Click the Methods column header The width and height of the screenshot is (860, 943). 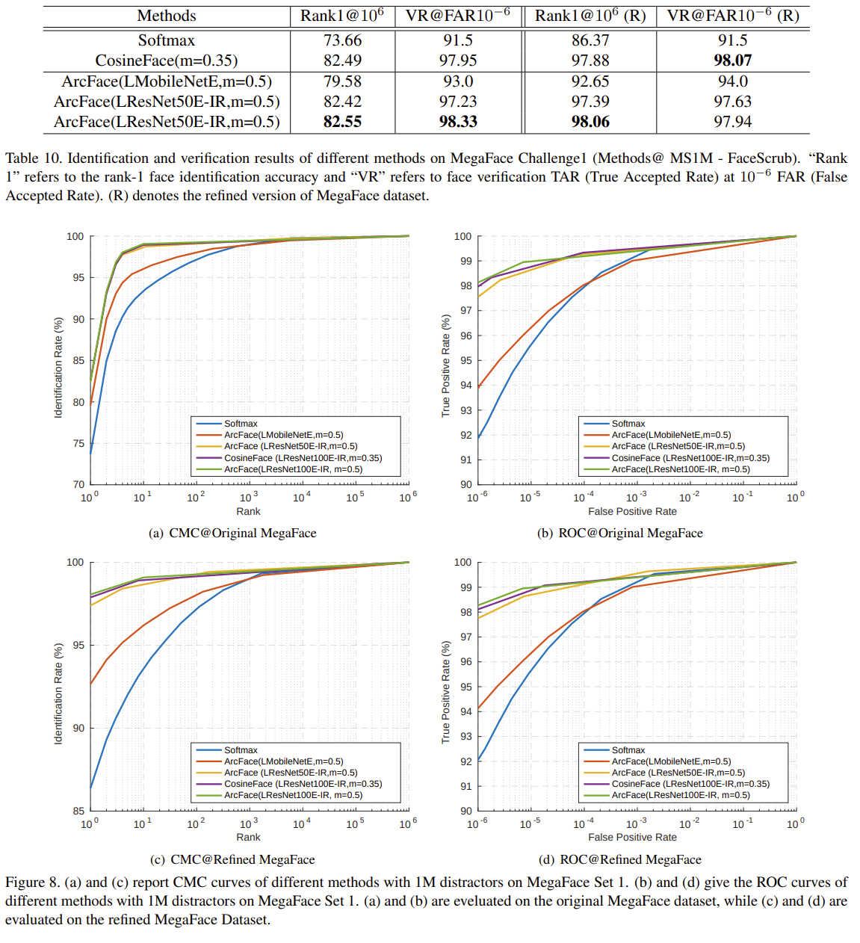[166, 16]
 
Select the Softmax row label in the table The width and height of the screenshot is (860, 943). [166, 40]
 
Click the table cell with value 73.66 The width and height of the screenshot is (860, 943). [342, 40]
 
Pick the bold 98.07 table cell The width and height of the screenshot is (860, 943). [732, 61]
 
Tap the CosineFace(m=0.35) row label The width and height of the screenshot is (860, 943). [166, 61]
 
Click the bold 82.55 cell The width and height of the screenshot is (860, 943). [342, 122]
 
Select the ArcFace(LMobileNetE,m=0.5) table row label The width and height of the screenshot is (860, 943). [166, 81]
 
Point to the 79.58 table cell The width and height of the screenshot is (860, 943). [342, 81]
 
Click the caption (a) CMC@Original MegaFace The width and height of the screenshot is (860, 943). [232, 533]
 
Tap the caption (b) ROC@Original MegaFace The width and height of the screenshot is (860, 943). [619, 533]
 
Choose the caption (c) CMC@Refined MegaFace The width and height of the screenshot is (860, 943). [232, 859]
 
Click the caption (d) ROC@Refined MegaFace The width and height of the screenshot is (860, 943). [619, 859]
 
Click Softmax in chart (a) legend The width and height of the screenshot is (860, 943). [241, 424]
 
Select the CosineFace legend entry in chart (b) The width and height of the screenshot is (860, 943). [690, 458]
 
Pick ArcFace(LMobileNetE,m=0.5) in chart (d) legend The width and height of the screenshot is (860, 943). [671, 761]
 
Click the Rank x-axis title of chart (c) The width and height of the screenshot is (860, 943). [248, 838]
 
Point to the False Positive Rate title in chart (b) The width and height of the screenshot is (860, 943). [632, 512]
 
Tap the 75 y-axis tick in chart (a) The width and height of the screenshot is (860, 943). [78, 443]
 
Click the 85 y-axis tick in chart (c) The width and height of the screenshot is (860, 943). [78, 811]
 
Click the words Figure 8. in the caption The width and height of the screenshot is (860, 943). [32, 882]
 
